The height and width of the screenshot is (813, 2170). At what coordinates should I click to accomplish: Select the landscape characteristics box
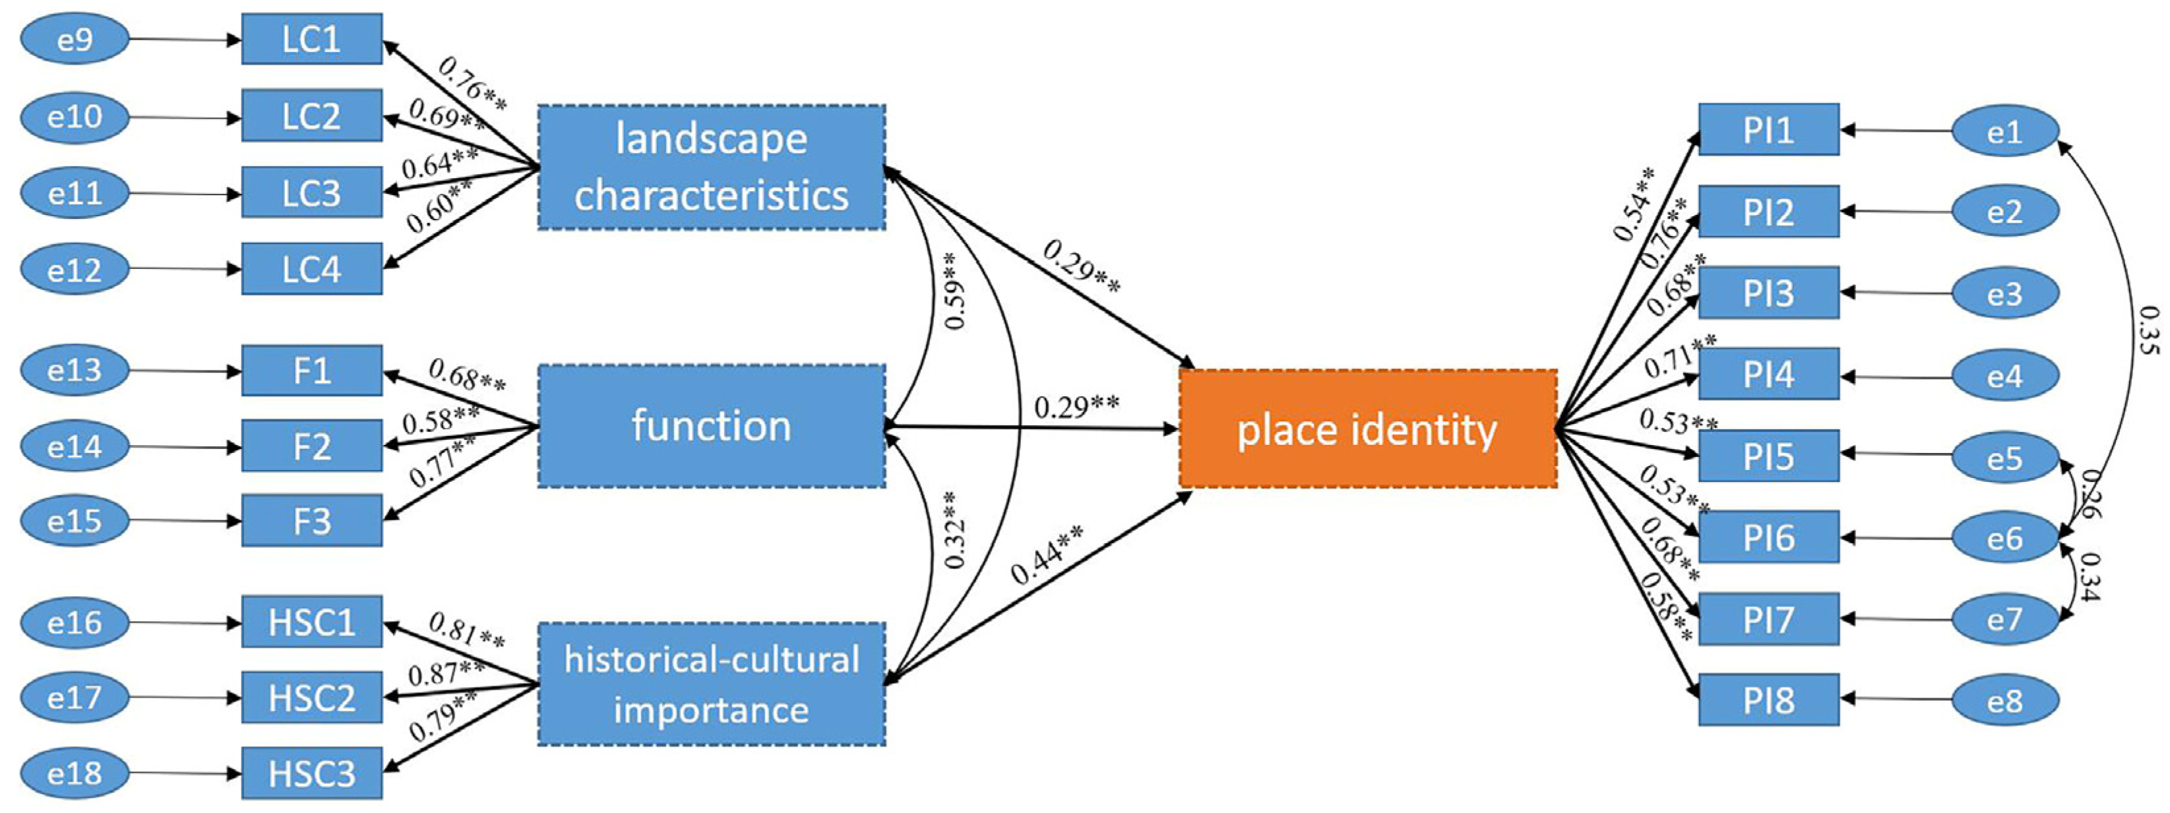point(712,167)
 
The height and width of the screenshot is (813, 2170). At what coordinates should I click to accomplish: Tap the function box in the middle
point(712,425)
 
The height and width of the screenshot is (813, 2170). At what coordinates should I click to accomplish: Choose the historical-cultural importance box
point(712,684)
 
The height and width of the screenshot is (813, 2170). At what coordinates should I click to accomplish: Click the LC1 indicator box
point(312,39)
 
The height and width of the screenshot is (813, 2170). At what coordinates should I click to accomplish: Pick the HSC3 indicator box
point(312,773)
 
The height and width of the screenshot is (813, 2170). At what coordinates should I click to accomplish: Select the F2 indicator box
point(312,446)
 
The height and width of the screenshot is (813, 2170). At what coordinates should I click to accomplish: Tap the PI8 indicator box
point(1768,700)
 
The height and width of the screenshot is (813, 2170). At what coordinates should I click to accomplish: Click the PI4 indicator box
point(1768,373)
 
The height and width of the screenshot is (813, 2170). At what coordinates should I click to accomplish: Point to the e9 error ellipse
point(75,39)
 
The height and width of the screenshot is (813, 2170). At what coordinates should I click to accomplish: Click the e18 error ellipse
point(75,773)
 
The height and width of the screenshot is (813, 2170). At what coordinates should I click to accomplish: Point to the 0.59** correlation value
point(954,291)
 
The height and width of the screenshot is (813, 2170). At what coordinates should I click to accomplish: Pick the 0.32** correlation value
point(954,531)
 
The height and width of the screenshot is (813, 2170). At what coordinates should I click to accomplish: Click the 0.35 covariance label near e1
point(2148,330)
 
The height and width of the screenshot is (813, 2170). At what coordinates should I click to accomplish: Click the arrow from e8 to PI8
point(1896,700)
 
